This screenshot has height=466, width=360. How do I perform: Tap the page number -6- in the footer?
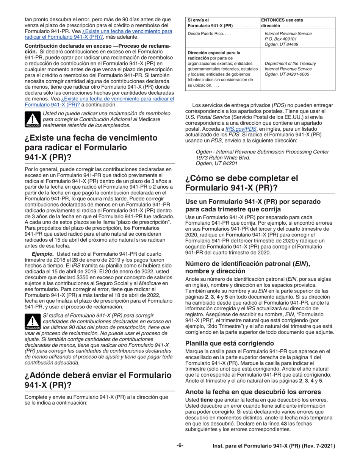point(179,446)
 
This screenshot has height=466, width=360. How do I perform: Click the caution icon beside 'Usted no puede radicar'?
point(29,119)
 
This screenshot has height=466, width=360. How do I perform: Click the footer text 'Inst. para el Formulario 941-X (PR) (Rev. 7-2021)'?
point(274,446)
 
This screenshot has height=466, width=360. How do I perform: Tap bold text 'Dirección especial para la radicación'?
point(214,55)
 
